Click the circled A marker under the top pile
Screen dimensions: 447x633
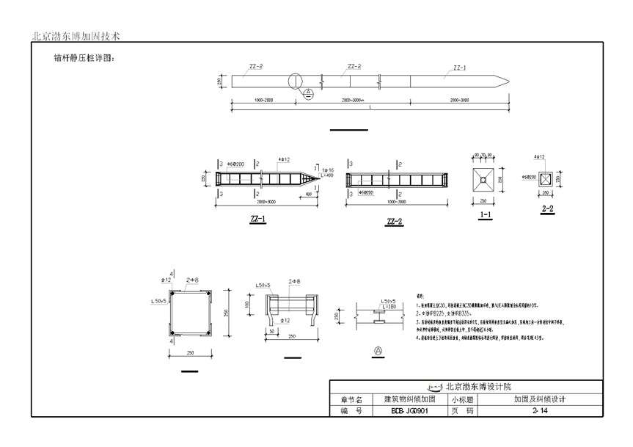[x=309, y=93]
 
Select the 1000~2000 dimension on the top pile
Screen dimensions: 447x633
[x=258, y=99]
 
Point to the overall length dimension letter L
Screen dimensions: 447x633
[x=370, y=108]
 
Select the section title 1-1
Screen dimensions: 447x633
[x=485, y=215]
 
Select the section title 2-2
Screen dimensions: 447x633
[x=547, y=208]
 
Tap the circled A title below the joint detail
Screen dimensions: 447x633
[x=378, y=351]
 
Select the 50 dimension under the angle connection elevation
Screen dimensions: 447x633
[x=271, y=332]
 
